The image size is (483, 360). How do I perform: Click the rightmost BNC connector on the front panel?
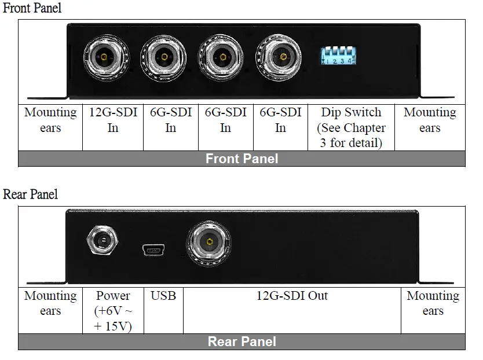pyautogui.click(x=282, y=57)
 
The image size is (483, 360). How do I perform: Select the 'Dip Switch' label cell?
pyautogui.click(x=351, y=127)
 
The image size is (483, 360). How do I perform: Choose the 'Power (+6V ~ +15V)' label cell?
pyautogui.click(x=113, y=311)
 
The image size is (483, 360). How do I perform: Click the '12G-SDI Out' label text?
pyautogui.click(x=292, y=296)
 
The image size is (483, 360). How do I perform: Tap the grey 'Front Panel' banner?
pyautogui.click(x=241, y=159)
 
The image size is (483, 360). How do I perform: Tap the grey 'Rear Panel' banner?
pyautogui.click(x=241, y=341)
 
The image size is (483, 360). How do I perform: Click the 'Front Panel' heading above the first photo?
pyautogui.click(x=32, y=8)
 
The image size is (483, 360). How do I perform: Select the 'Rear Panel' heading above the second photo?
pyautogui.click(x=31, y=194)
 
